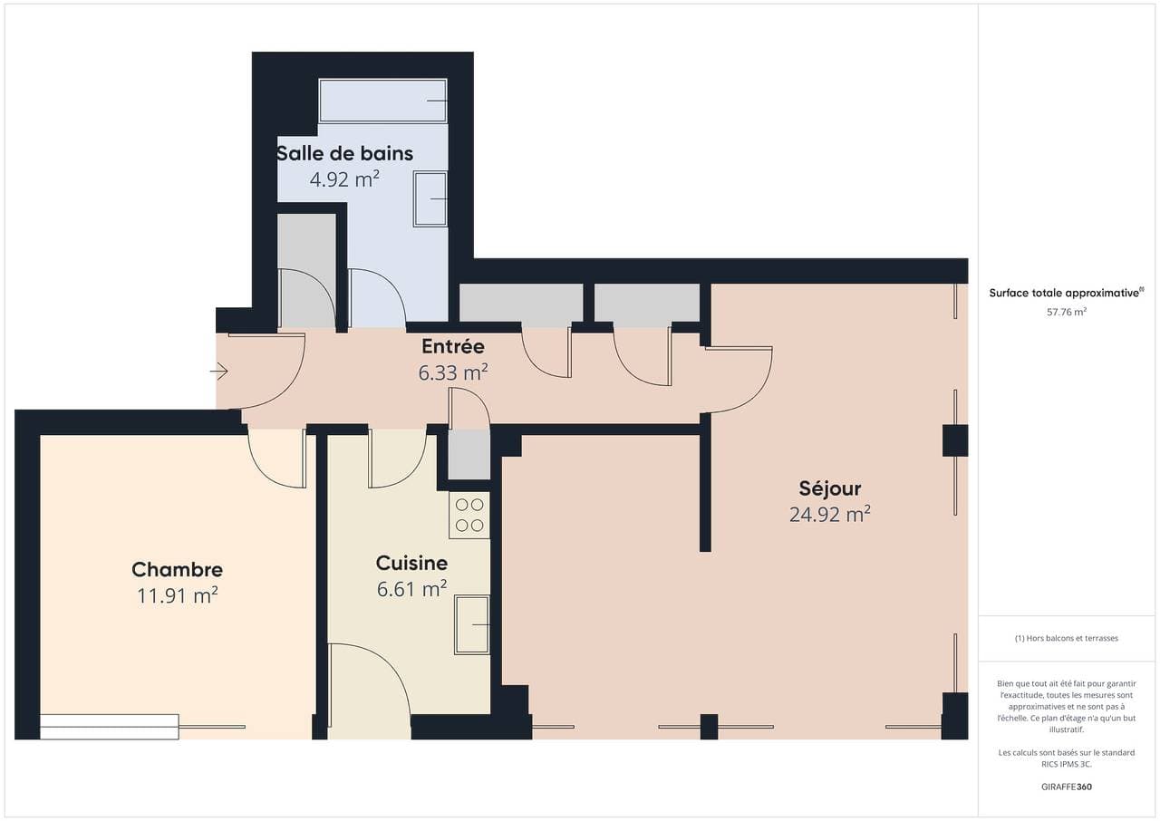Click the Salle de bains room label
tap(345, 153)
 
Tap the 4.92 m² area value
tap(345, 179)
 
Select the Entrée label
tap(453, 346)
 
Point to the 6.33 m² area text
tap(453, 372)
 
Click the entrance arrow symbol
tap(219, 372)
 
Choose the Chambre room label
tap(177, 569)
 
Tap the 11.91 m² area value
tap(177, 596)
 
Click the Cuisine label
tap(411, 564)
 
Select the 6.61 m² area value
tap(411, 590)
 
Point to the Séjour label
tap(829, 488)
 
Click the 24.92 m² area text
tap(829, 515)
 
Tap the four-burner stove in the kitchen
tap(469, 515)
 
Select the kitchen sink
tap(472, 624)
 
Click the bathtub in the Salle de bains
tap(382, 101)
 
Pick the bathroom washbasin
tap(430, 199)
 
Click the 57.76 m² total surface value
tap(1067, 312)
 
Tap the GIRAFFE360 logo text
tap(1067, 787)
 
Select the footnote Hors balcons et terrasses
tap(1067, 638)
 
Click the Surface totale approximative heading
tap(1067, 293)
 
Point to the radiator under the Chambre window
tap(110, 727)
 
